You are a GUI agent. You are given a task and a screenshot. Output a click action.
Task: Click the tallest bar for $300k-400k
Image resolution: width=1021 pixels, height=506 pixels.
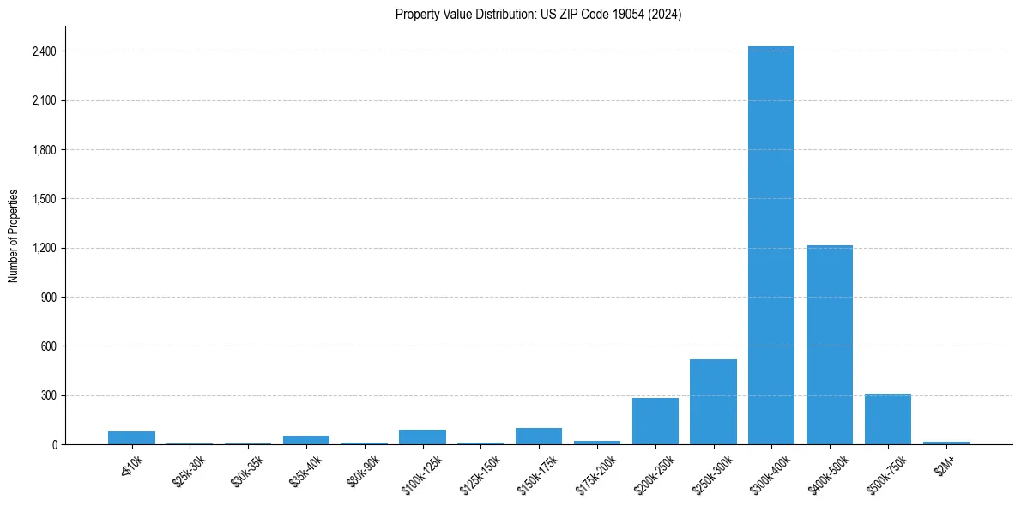coord(770,245)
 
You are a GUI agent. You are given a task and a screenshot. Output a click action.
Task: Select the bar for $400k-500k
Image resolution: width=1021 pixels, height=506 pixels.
coord(829,345)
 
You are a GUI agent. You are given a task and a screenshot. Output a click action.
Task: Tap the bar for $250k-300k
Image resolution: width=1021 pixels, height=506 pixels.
coord(713,401)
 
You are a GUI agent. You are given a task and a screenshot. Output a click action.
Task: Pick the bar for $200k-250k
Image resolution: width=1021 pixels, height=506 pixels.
coord(655,421)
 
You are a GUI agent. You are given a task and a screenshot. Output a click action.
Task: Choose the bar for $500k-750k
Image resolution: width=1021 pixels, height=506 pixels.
coord(887,419)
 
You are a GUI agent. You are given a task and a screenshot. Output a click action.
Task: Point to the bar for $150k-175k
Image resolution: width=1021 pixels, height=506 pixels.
coord(538,436)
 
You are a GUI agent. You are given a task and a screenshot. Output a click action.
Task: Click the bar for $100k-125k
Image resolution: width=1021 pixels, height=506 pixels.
coord(422,437)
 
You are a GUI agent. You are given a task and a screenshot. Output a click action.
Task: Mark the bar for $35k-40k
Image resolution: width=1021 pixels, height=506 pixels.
coord(305,440)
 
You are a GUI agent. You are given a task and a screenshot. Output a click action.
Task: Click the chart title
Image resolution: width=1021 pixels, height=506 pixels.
coord(538,15)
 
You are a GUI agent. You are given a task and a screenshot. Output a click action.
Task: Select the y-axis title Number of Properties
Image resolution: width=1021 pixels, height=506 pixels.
coord(14,235)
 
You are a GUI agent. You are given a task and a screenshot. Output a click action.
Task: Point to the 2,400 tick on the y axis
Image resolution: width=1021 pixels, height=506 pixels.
coord(42,51)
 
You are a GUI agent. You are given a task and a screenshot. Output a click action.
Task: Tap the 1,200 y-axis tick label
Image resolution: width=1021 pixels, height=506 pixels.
coord(42,248)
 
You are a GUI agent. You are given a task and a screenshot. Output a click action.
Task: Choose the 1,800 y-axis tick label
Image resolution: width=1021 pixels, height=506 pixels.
coord(42,150)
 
